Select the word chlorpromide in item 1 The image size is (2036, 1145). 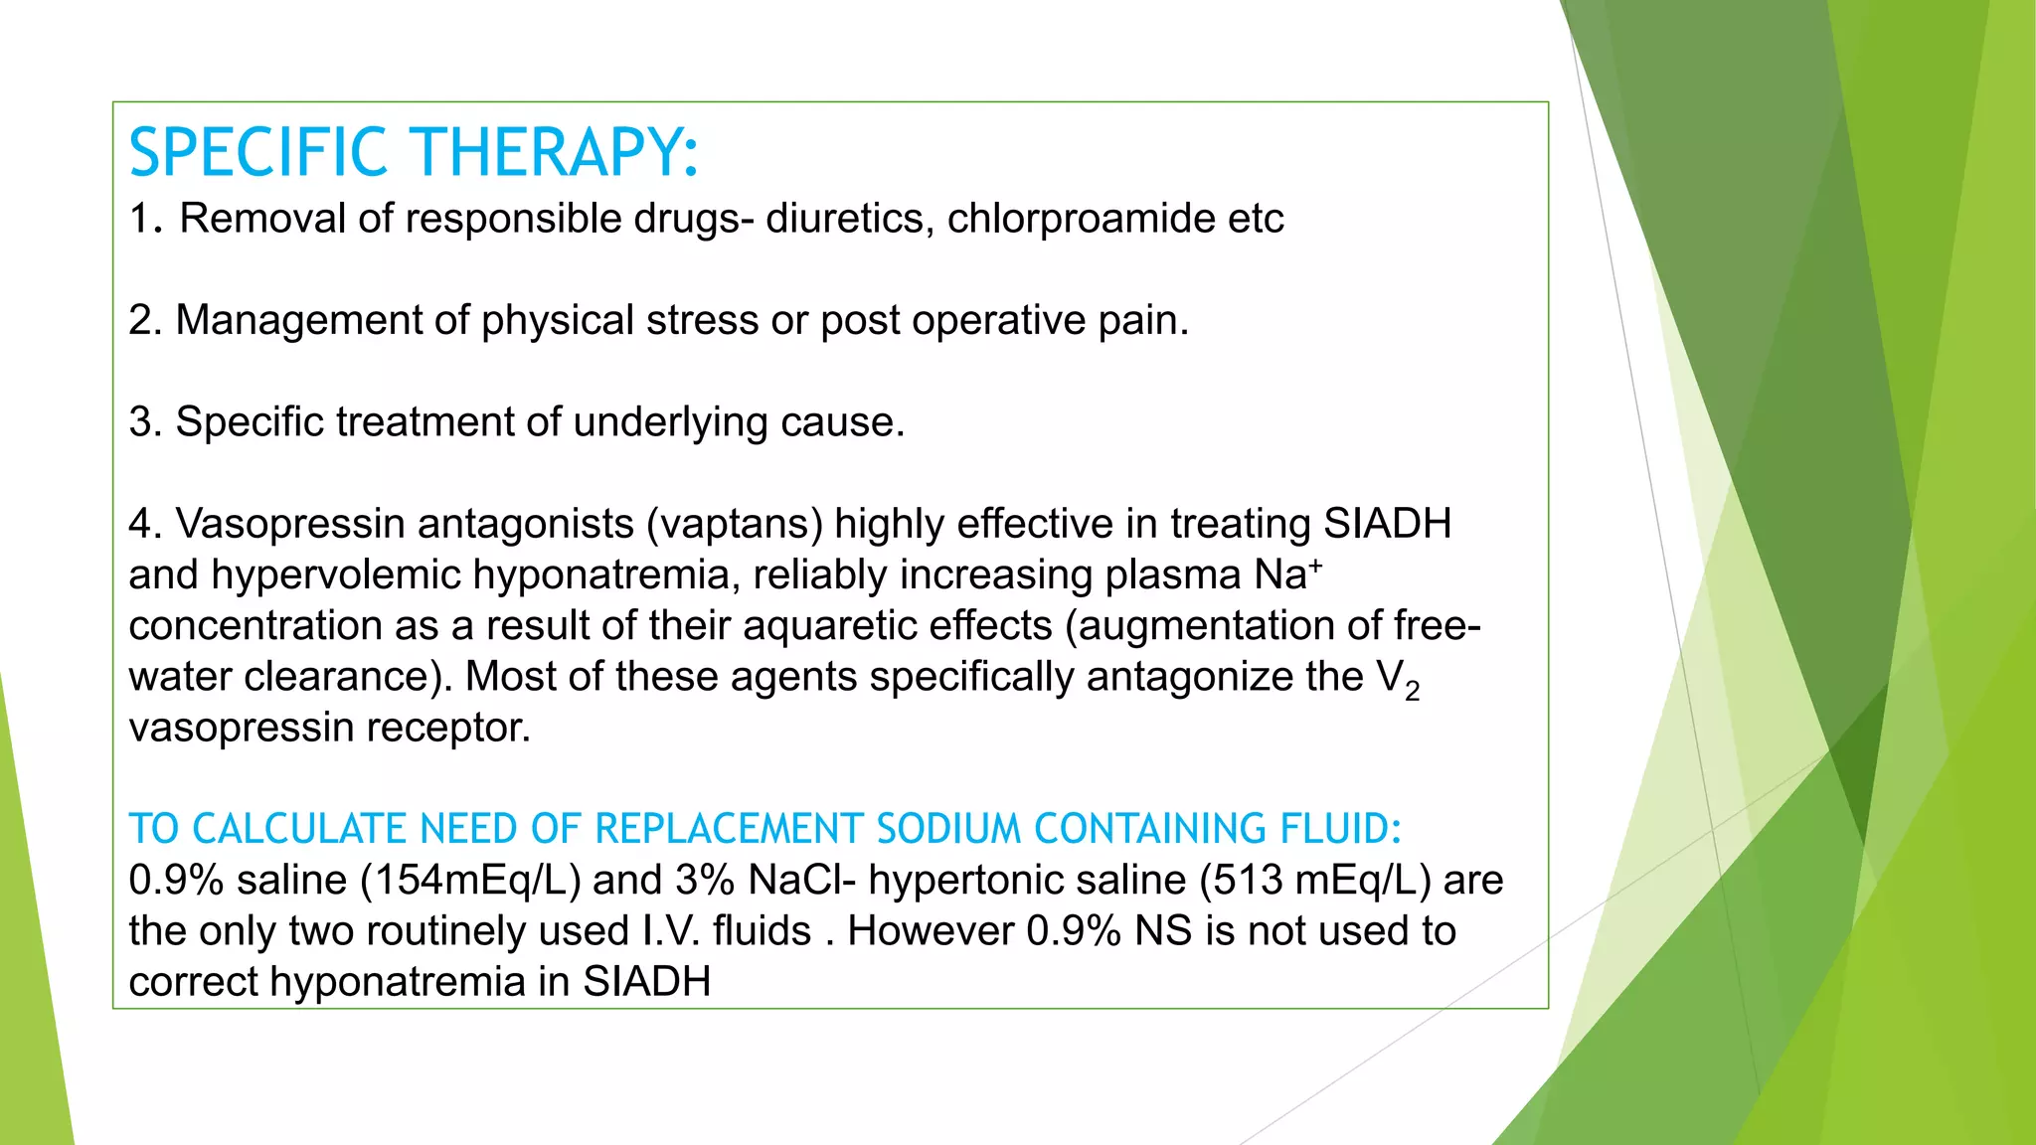coord(1081,219)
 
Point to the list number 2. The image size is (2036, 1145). coord(144,321)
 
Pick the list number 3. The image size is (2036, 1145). coord(144,422)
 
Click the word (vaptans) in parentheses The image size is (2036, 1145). coord(735,524)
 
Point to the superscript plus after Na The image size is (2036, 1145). coord(1315,566)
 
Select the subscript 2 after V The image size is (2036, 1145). coord(1413,690)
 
